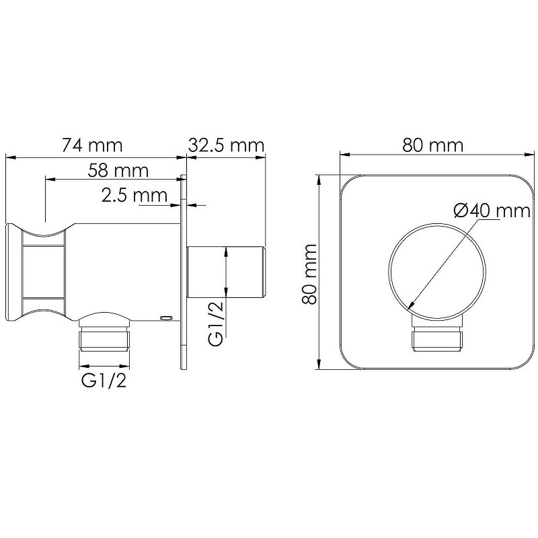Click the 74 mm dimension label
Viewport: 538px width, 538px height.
pos(92,145)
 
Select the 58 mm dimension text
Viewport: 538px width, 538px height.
pos(118,170)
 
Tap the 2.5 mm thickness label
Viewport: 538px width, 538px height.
pos(134,195)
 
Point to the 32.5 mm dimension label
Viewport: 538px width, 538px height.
pos(226,145)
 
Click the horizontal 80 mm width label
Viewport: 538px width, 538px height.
pos(433,145)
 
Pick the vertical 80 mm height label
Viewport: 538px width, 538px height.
pos(309,274)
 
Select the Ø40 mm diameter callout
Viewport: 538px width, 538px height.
pos(492,210)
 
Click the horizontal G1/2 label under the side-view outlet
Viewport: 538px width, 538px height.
pos(104,381)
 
